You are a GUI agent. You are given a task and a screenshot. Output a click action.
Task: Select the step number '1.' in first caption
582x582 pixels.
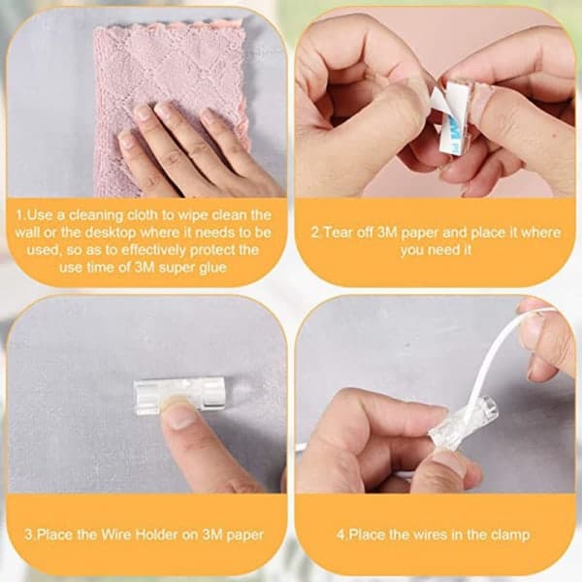pos(20,215)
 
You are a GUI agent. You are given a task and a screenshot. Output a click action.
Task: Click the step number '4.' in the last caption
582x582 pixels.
pos(341,534)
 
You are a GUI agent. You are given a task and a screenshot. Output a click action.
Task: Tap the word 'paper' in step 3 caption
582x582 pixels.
pos(244,535)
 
